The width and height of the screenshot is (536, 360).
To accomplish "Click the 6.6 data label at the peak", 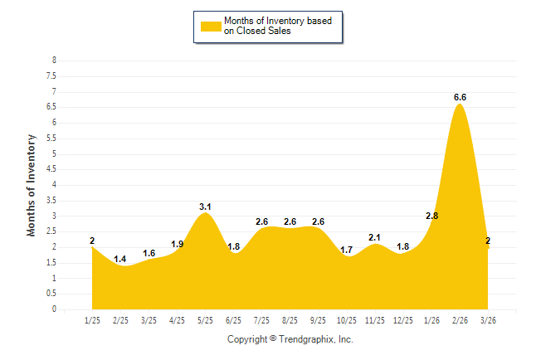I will [x=460, y=97].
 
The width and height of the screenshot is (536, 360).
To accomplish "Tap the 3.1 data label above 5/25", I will [x=205, y=206].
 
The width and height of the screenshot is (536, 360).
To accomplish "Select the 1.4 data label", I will [x=120, y=260].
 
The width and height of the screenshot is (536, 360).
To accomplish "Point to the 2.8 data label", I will [x=431, y=216].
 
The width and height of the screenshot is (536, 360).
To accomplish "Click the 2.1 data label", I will [x=375, y=237].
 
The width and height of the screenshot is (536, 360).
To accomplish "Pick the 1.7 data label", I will [x=347, y=250].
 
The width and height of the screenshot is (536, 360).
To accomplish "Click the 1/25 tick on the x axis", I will [x=92, y=320].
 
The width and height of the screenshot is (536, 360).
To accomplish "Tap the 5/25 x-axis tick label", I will [x=205, y=320].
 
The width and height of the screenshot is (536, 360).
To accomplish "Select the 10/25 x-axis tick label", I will [x=347, y=320].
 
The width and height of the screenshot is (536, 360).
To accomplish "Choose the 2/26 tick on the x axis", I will [x=460, y=320].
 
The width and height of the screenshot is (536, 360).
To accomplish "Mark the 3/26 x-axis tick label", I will [x=488, y=320].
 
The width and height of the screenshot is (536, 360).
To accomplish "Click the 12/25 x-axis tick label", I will [x=403, y=320].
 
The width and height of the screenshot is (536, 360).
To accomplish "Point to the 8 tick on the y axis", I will [x=54, y=61].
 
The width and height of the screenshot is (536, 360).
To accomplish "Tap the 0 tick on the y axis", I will [x=54, y=309].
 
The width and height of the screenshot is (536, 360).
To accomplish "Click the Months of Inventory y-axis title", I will [x=32, y=185].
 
